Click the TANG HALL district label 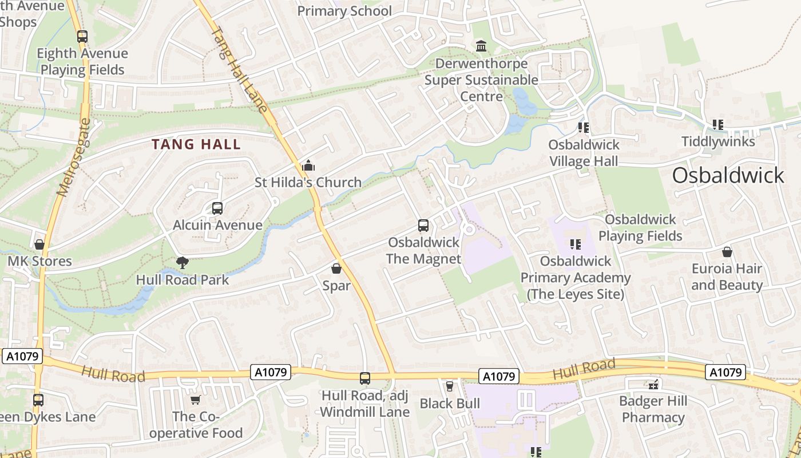[x=196, y=144]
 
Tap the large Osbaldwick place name [x=728, y=175]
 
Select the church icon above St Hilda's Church [x=308, y=166]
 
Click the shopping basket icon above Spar [x=336, y=268]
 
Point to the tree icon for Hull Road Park [x=183, y=263]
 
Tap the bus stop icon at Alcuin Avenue [x=217, y=208]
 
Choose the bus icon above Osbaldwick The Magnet [x=423, y=226]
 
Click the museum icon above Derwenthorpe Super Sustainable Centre [x=481, y=46]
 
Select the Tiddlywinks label [x=718, y=141]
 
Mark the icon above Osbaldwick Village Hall [x=584, y=128]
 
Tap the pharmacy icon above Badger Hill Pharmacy [x=653, y=384]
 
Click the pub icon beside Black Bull [x=450, y=386]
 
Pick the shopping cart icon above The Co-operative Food [x=196, y=400]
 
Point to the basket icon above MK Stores [x=39, y=244]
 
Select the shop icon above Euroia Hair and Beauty [x=727, y=252]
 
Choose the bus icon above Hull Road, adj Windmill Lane [x=365, y=378]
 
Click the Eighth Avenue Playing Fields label [x=82, y=61]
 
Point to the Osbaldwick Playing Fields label [x=640, y=227]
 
